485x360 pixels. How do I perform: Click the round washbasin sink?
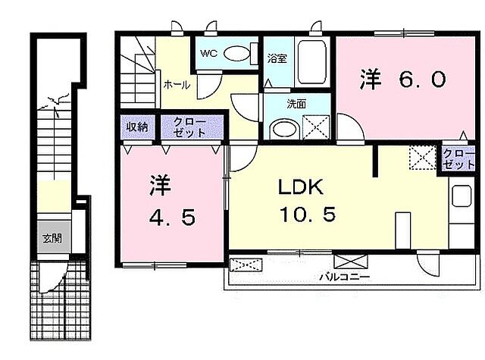[x=284, y=129]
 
